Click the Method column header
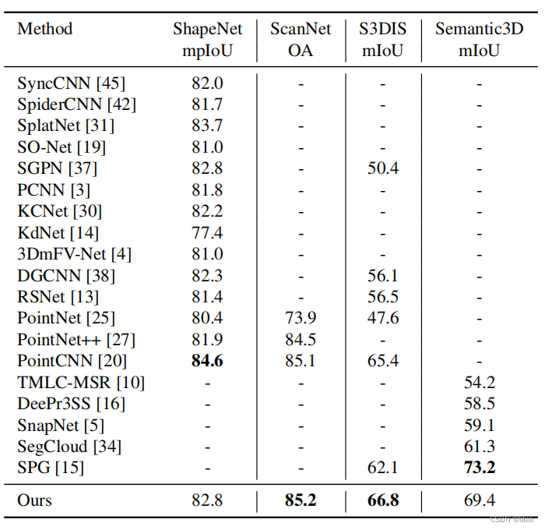tap(44, 30)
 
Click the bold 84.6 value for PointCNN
tap(207, 361)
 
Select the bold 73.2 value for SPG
tap(479, 468)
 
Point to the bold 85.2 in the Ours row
tap(301, 500)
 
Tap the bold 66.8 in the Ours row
tap(383, 500)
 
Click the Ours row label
tap(34, 500)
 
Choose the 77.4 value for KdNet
tap(207, 232)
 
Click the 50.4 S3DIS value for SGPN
tap(383, 168)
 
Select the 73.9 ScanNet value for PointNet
tap(301, 318)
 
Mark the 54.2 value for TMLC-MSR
tap(479, 383)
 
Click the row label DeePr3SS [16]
tap(71, 404)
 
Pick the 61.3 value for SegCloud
tap(479, 447)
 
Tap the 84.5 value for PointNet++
tap(301, 340)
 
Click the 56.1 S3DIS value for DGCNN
tap(383, 275)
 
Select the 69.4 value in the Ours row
tap(479, 500)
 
